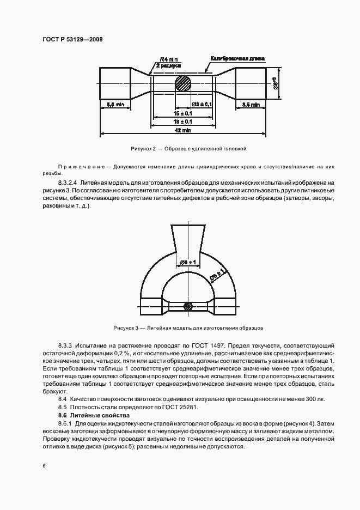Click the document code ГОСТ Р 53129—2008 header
coord(72,39)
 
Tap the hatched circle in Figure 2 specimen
coord(182,84)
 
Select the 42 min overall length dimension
coord(182,131)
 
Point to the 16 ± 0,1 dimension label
coord(182,113)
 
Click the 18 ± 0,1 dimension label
coord(182,122)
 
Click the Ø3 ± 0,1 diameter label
coord(202,104)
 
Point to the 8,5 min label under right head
coord(251,104)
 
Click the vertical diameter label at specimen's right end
coord(276,83)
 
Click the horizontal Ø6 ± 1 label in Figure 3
coord(188,263)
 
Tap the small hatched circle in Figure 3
coord(188,306)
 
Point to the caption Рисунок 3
coord(188,328)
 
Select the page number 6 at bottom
coord(43,466)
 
